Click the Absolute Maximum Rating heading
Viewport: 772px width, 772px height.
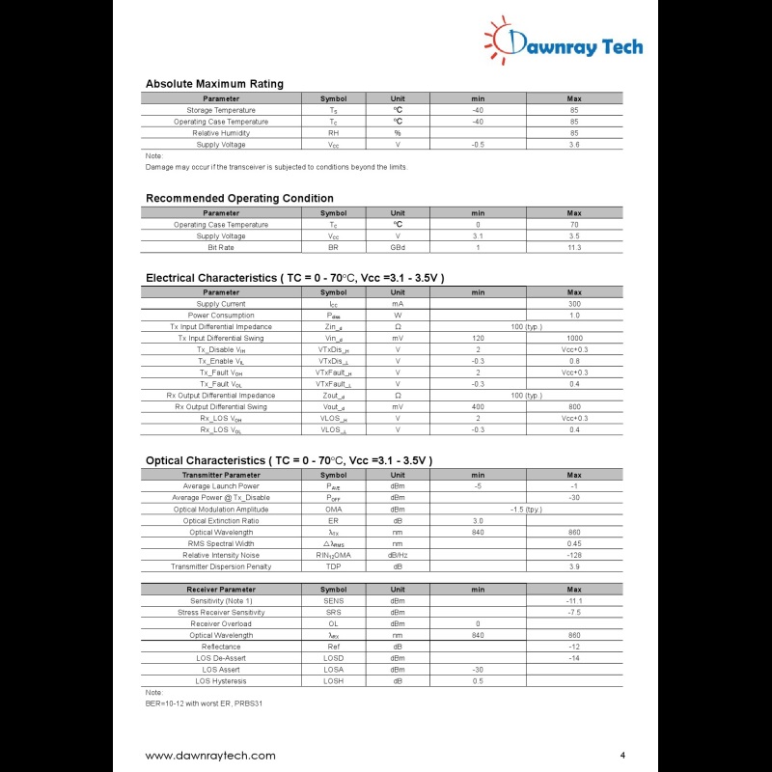click(x=214, y=84)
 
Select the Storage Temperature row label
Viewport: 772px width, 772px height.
click(x=221, y=110)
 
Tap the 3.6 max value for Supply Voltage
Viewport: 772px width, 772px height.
click(x=574, y=145)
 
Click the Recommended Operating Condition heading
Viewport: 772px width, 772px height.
click(x=239, y=199)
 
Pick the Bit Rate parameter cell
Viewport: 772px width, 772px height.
click(x=221, y=248)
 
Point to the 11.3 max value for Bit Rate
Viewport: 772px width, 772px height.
click(x=574, y=248)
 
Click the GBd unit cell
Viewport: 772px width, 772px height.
click(x=398, y=248)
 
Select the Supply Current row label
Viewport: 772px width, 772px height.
click(x=221, y=304)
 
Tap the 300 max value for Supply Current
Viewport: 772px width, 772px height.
click(x=574, y=304)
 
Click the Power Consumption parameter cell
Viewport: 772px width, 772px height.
click(x=221, y=316)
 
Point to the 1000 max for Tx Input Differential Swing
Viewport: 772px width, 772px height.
click(x=574, y=339)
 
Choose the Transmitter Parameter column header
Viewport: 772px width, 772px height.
click(x=221, y=475)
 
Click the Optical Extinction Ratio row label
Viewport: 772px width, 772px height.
click(x=221, y=521)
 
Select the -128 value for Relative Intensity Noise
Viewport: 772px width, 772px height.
click(x=574, y=556)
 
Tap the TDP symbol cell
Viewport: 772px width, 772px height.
click(x=333, y=567)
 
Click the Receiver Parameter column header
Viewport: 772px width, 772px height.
click(x=221, y=589)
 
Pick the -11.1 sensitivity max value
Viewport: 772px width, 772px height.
click(x=574, y=601)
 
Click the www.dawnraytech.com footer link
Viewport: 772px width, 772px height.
click(x=210, y=756)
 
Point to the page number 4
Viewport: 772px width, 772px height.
click(x=622, y=755)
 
